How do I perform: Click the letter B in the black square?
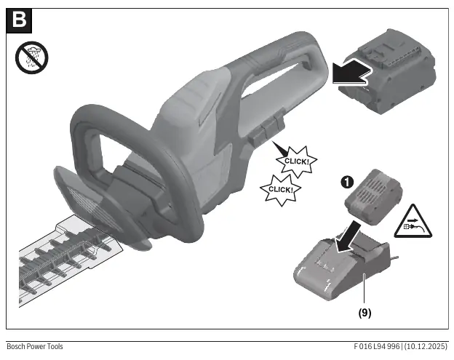click(x=19, y=20)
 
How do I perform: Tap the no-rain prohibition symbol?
click(x=31, y=57)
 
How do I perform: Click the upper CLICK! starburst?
click(x=296, y=161)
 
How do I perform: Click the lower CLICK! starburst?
click(x=281, y=190)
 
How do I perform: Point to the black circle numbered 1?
click(x=348, y=183)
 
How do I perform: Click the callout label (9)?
click(x=365, y=313)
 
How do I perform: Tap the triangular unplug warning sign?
click(x=413, y=223)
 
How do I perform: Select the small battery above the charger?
click(x=373, y=197)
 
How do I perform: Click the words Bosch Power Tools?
click(x=35, y=346)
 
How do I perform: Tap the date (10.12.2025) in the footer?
click(x=426, y=346)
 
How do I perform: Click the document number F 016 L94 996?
click(x=377, y=346)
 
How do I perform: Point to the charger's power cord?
click(x=394, y=257)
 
